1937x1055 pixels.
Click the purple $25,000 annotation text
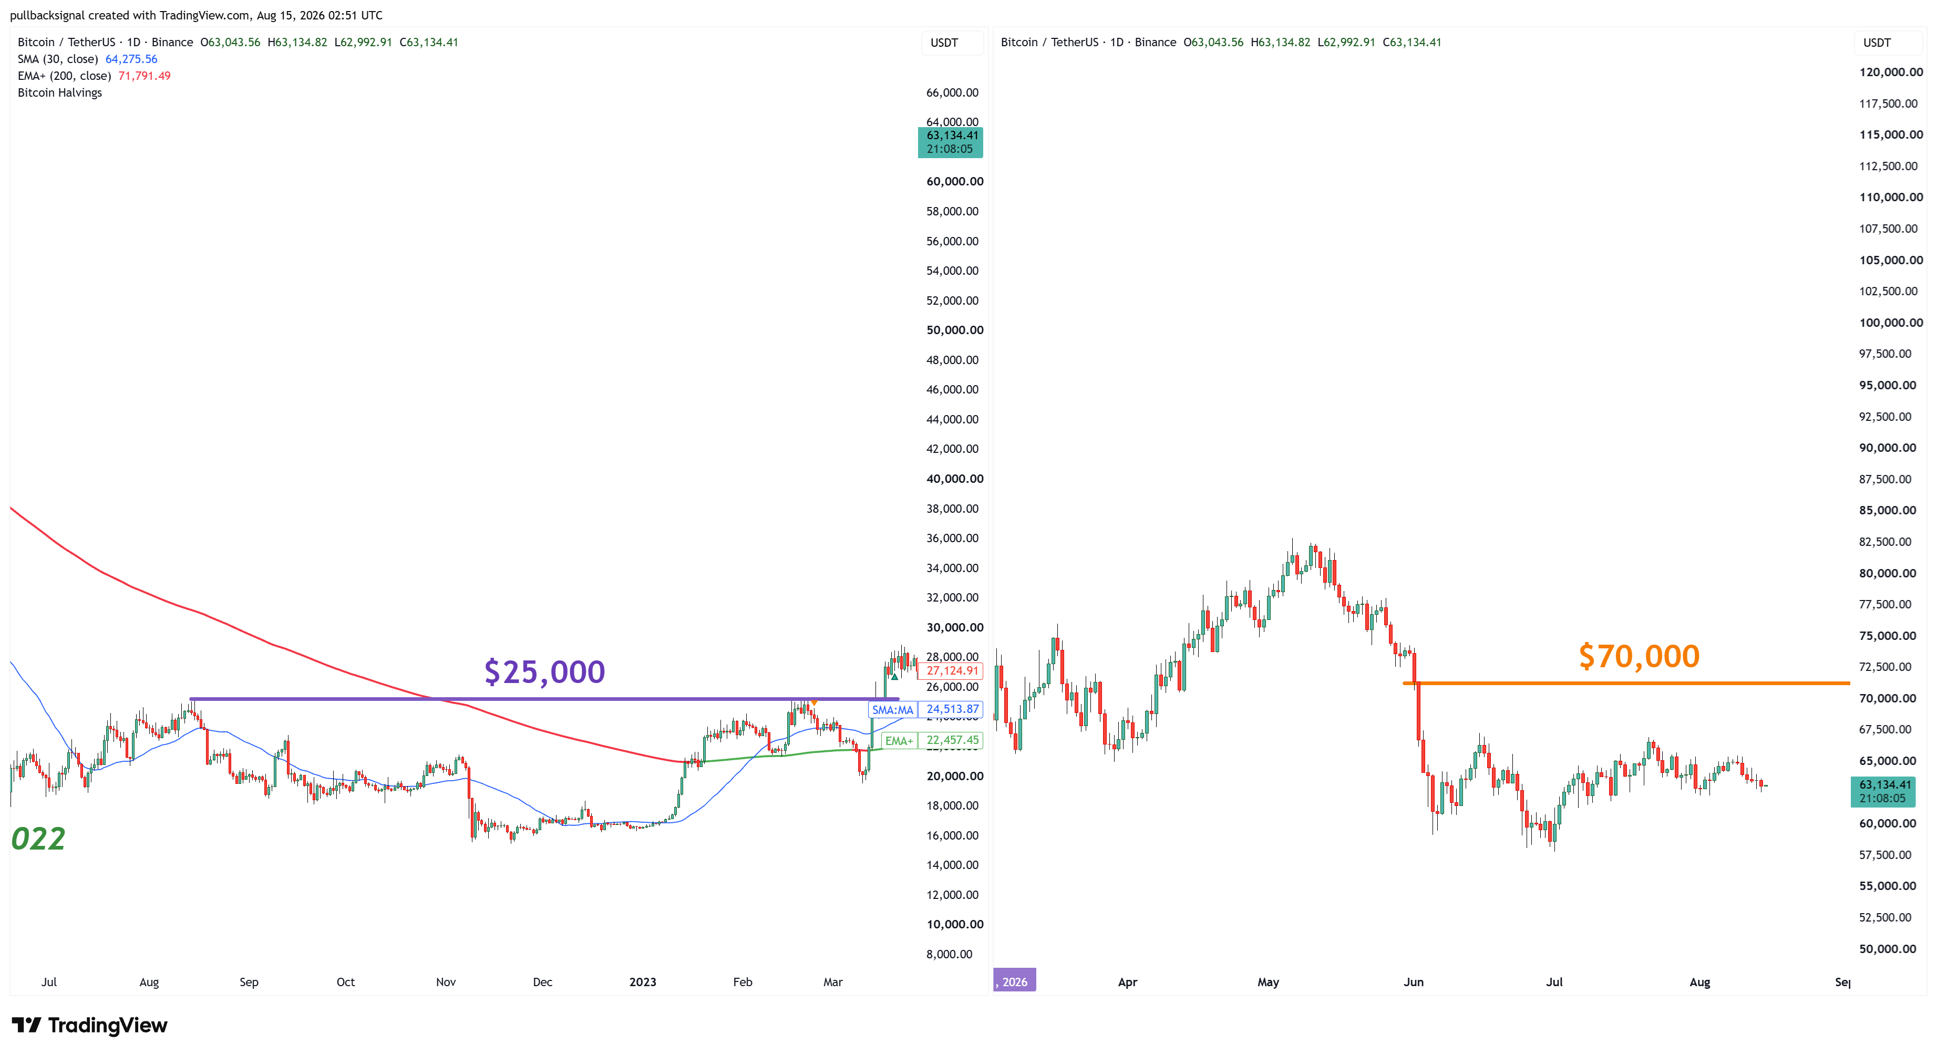(544, 671)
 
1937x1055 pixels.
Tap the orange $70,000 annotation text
(1639, 656)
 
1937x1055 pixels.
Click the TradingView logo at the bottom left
(89, 1025)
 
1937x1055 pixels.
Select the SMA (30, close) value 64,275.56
(131, 59)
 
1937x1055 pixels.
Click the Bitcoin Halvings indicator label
(60, 92)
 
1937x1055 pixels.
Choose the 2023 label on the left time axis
(643, 982)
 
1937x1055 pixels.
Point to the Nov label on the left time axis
(446, 982)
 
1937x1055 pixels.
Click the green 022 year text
(38, 839)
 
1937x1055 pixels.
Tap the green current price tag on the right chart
(1883, 792)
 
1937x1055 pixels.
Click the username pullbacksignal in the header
(47, 15)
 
